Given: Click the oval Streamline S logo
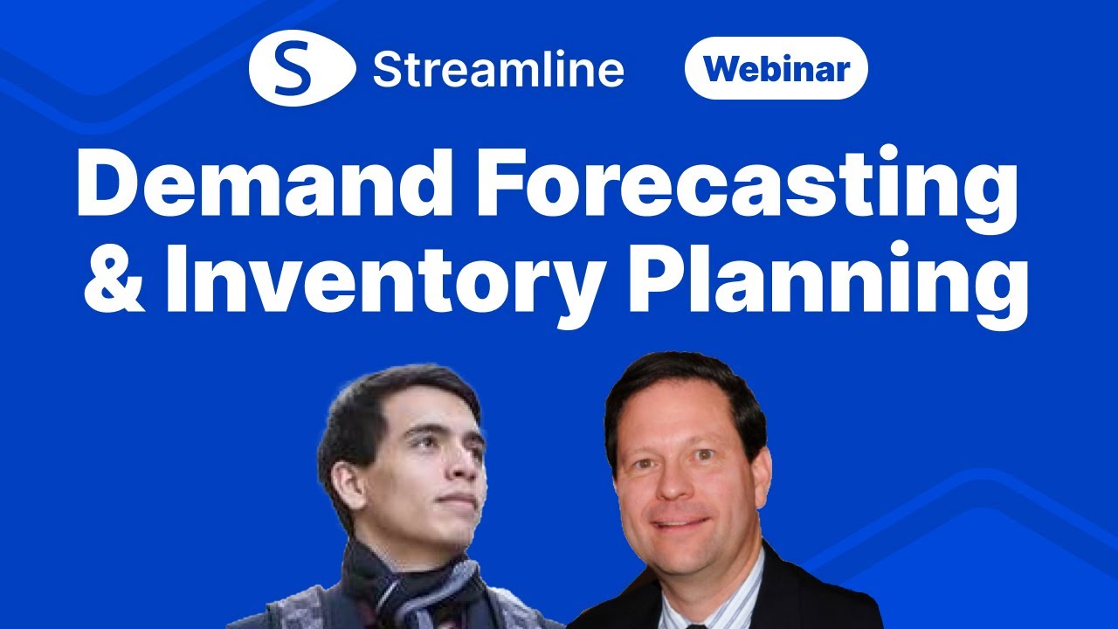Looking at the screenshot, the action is point(302,68).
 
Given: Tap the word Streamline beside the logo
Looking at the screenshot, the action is point(498,69).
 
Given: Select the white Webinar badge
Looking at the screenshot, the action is point(776,68).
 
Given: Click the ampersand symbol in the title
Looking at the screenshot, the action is point(114,278).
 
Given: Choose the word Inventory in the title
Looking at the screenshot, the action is point(384,286).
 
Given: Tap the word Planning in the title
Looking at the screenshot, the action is point(828,285).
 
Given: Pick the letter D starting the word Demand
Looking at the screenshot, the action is point(107,183).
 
